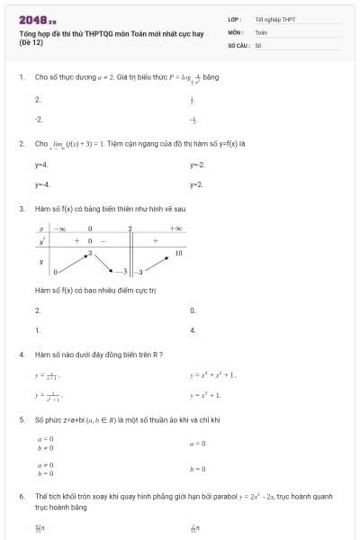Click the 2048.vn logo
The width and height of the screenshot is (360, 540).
[x=37, y=19]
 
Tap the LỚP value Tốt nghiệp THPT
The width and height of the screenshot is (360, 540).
[x=274, y=18]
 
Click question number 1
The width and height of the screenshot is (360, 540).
[x=21, y=76]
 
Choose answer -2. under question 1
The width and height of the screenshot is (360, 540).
[x=39, y=119]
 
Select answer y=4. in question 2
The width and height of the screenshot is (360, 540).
[x=41, y=165]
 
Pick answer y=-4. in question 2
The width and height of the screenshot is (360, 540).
[x=42, y=184]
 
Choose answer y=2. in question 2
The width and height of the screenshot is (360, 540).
[x=197, y=184]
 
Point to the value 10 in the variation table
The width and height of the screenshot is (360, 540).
[x=178, y=254]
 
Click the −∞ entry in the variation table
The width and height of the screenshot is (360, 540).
[x=60, y=229]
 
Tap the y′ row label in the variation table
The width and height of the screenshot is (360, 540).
[x=41, y=241]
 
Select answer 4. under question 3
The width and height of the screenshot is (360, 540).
[x=193, y=330]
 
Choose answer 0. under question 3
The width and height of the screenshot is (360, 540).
[x=193, y=310]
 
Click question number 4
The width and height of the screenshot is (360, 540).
[x=21, y=355]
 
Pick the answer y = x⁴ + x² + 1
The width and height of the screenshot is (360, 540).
[x=212, y=374]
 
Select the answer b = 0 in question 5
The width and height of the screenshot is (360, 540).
[x=198, y=468]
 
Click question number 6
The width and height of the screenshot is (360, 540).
[x=21, y=496]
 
